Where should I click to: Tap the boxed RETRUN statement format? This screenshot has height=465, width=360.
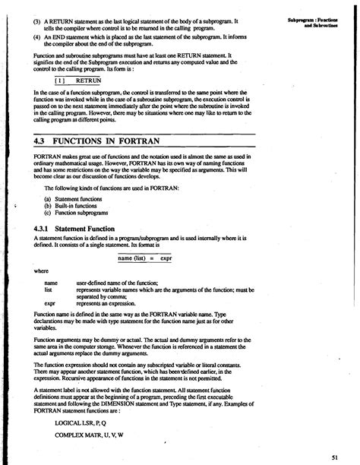77,79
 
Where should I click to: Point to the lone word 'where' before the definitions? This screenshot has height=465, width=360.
40,270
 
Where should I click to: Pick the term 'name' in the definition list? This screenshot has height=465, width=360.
52,282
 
